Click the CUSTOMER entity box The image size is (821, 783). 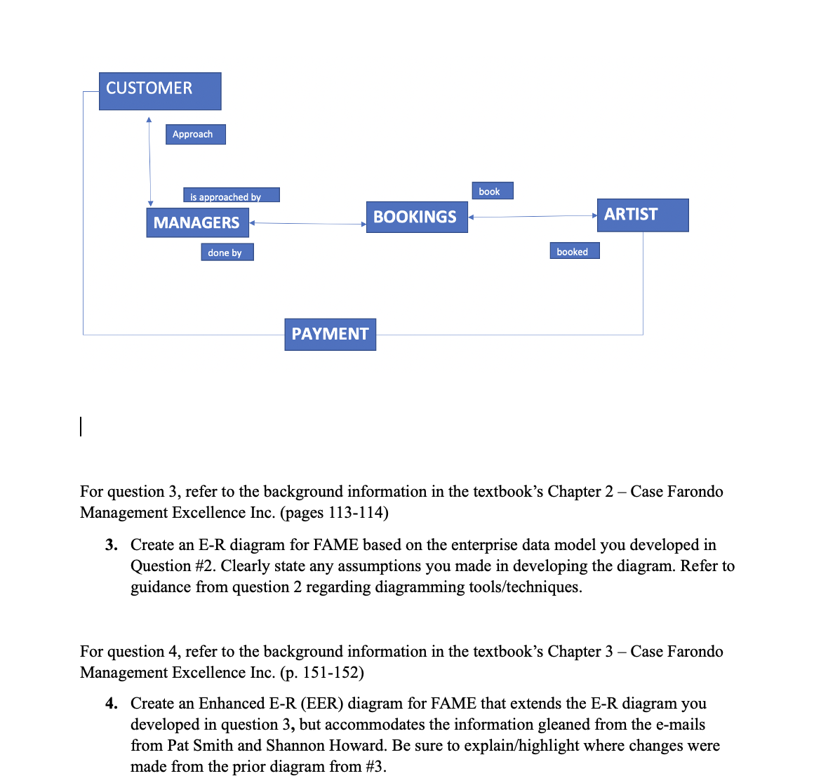coord(160,91)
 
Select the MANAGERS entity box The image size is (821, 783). coord(197,222)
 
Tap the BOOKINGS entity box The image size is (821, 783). coord(417,217)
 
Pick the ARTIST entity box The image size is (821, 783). coord(642,215)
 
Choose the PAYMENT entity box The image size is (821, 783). coord(330,334)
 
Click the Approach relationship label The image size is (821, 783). coord(195,134)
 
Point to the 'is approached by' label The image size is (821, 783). coord(231,196)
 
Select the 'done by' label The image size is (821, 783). coord(227,252)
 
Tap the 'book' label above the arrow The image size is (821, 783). coord(492,191)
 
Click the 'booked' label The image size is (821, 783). coord(574,251)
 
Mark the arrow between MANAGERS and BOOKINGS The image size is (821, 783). coord(307,224)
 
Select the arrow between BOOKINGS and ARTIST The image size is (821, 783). coord(532,217)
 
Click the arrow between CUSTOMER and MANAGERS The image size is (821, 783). coord(149,161)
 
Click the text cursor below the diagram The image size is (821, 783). coord(81,427)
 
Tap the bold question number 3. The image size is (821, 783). coord(111,545)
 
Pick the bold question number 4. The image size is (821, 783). coord(111,704)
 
